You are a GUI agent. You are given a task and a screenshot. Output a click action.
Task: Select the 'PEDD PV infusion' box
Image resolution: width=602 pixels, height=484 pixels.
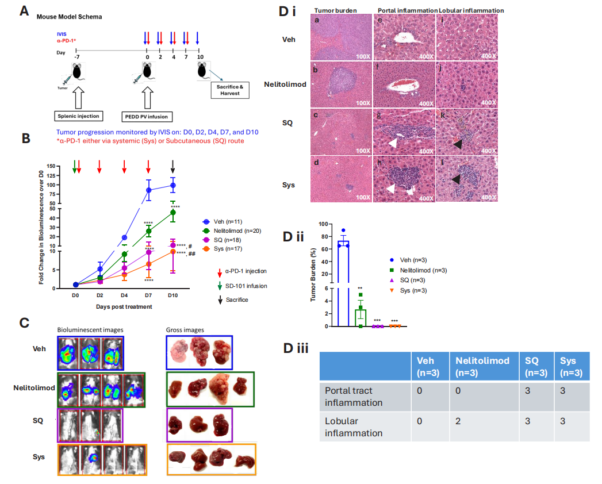(147, 117)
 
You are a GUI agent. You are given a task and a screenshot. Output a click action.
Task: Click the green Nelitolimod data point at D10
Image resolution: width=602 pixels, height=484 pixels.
(173, 212)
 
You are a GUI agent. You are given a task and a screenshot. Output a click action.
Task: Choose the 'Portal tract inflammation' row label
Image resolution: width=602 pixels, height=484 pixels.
(354, 396)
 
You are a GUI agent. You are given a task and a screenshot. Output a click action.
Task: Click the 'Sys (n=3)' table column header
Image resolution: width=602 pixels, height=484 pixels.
(572, 367)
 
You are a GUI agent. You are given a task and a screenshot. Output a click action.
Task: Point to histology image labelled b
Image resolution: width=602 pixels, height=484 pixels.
(342, 84)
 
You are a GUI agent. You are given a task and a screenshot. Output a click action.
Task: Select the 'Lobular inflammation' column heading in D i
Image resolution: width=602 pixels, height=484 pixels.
(471, 10)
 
